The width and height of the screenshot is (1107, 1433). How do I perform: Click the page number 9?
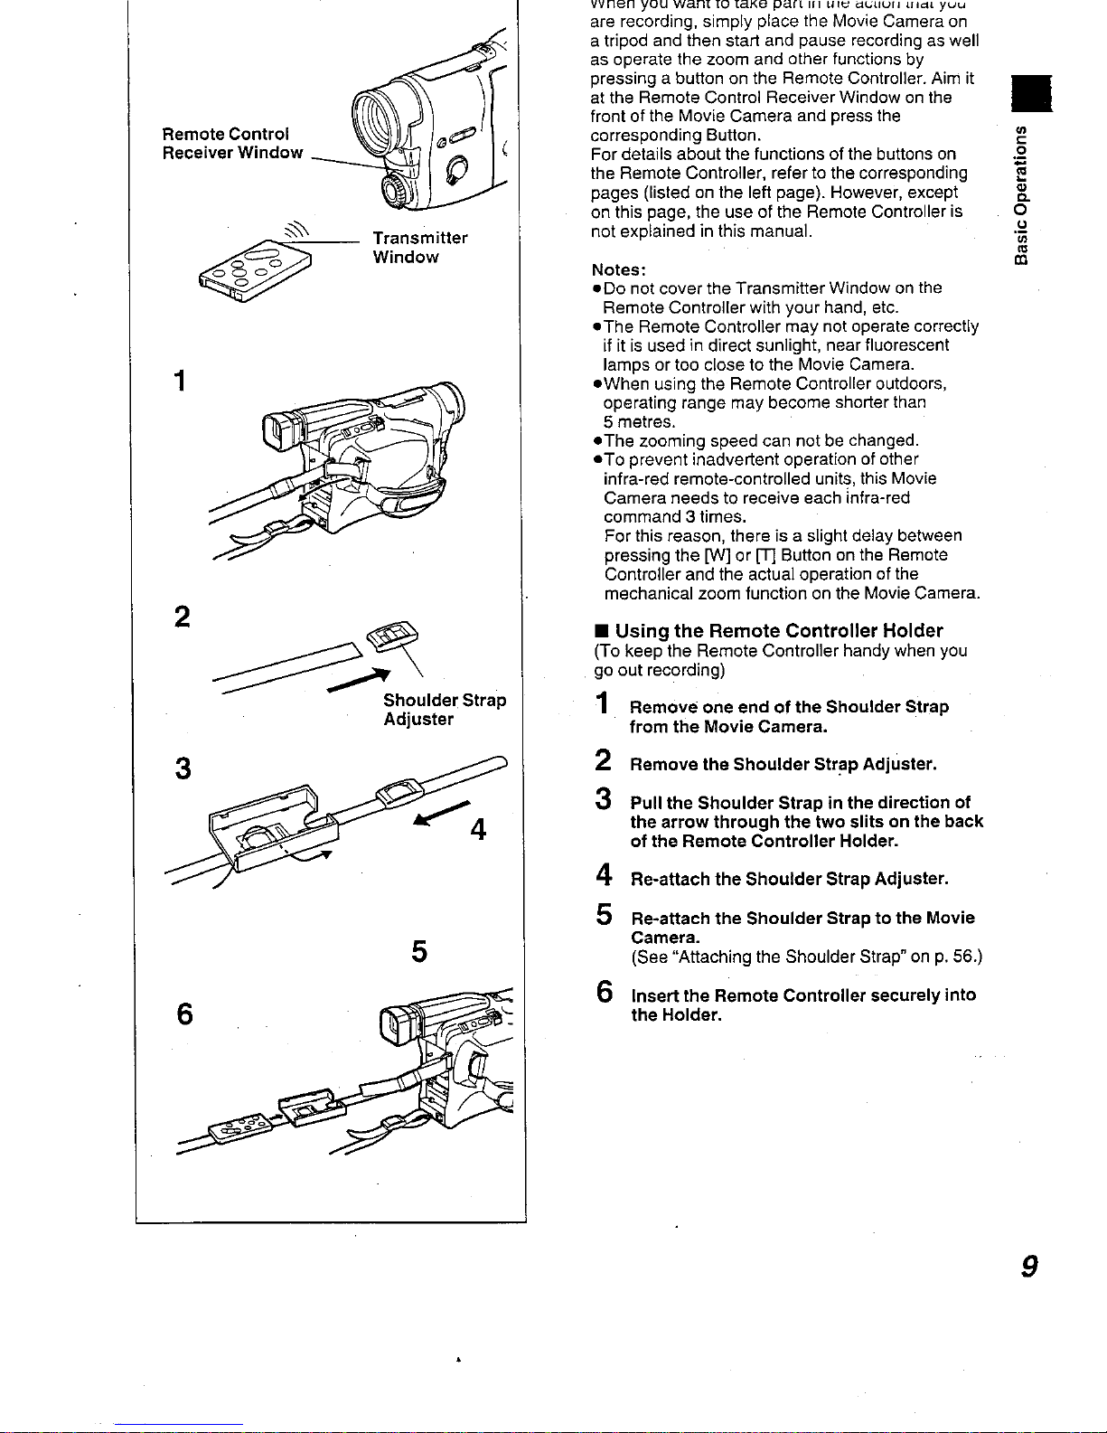1027,1268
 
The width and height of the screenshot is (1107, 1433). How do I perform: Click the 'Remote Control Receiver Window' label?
232,144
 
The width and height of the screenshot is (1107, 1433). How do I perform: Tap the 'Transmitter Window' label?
420,248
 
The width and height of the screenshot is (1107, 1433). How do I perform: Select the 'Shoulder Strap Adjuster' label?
444,710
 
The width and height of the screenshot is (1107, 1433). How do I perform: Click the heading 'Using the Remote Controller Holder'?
778,631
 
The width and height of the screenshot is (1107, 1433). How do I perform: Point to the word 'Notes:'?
619,269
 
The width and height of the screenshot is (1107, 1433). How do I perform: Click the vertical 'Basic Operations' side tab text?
1021,195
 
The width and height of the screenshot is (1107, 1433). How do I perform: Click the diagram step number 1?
181,382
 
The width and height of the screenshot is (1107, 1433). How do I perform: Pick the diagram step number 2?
183,618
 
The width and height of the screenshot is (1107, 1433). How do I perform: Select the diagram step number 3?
183,769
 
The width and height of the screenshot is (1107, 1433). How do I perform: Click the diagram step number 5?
419,952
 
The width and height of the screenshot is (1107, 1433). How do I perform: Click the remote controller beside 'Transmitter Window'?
256,269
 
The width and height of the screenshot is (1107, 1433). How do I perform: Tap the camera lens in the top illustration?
373,113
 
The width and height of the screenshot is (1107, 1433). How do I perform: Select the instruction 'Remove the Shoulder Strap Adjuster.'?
783,765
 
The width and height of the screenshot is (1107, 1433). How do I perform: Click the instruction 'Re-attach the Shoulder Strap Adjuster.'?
789,879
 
